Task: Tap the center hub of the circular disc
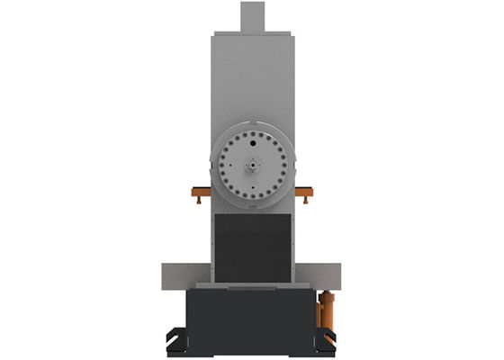tap(253, 166)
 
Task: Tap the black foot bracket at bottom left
tap(177, 338)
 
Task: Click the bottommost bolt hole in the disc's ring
tap(253, 197)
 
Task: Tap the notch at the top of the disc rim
tap(253, 122)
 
